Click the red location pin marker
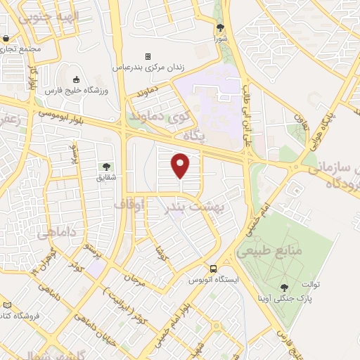point(181,165)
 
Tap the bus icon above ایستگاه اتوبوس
point(212,268)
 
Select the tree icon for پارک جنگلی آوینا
point(284,287)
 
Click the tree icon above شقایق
point(106,167)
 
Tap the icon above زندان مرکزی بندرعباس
point(148,56)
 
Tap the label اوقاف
point(129,205)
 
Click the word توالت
point(311,285)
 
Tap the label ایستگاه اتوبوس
point(223,280)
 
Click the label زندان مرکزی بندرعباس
point(150,67)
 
